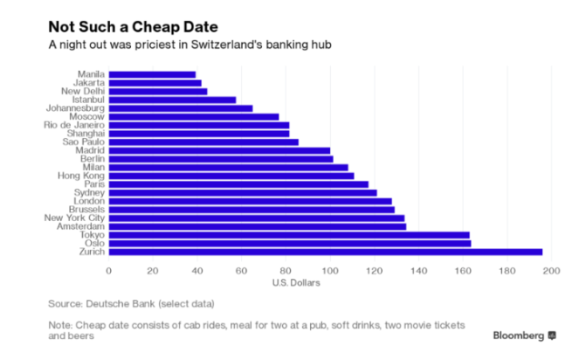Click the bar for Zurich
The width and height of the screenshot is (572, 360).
tap(325, 252)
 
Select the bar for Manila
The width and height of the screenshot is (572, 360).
tap(152, 74)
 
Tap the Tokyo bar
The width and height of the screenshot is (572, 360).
tap(289, 234)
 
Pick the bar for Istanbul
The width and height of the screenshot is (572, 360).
tap(172, 100)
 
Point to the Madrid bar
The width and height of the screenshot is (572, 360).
tap(219, 150)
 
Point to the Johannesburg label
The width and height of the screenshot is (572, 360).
tap(76, 108)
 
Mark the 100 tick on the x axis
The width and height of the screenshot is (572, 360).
tap(330, 270)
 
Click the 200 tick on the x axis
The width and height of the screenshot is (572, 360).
tap(551, 270)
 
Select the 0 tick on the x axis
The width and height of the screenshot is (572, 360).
tap(109, 270)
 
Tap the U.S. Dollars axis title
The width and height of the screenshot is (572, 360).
tap(297, 283)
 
